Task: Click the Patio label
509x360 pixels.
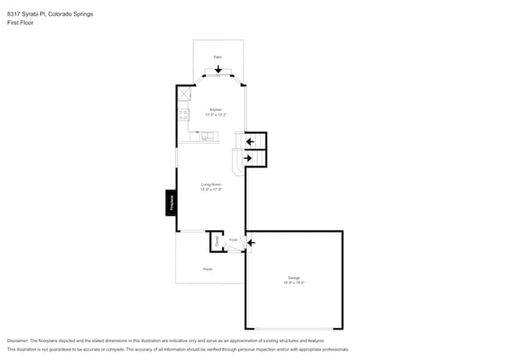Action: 218,57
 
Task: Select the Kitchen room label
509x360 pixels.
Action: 215,110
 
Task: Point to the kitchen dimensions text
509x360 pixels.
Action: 215,115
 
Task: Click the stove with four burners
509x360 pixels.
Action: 184,114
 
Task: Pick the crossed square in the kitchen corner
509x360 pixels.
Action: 184,94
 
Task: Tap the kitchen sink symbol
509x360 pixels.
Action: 208,135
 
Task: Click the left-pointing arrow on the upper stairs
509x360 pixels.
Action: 250,142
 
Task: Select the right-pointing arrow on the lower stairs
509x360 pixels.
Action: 249,159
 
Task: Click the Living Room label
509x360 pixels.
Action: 211,185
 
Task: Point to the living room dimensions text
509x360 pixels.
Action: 211,190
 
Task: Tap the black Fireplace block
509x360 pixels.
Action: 170,202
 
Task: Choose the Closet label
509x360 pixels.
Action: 217,243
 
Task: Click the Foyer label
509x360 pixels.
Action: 233,239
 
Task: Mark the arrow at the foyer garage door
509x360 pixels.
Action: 251,243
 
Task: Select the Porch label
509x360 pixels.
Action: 208,269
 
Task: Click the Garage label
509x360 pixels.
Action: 294,278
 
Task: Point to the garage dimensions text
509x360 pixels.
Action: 294,283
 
